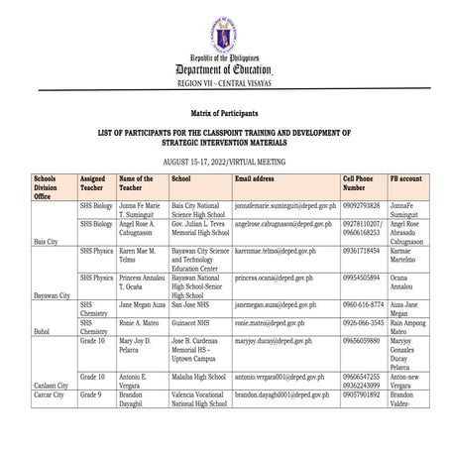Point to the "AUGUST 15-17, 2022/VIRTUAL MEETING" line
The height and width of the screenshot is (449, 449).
224,158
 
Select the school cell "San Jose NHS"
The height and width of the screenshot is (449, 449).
191,307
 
